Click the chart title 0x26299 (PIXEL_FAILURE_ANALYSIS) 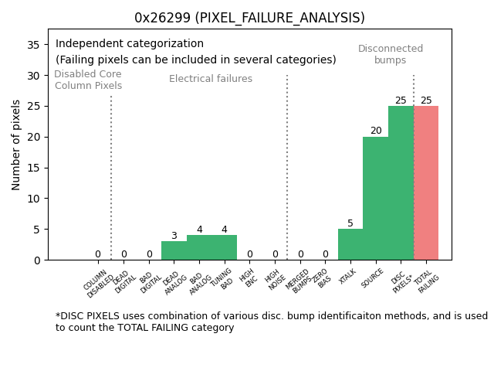coord(249,18)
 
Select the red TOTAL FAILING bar coord(426,183)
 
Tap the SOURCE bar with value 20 coord(375,199)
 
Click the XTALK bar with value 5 coord(350,244)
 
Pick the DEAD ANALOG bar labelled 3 coord(174,250)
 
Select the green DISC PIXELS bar coord(401,183)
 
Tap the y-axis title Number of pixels coord(17,145)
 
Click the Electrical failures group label coord(211,79)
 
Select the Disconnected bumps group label coord(391,54)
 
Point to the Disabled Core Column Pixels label coord(88,80)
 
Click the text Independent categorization coord(130,44)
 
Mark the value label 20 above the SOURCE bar coord(376,131)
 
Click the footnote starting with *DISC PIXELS coord(271,322)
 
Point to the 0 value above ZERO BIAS coord(325,254)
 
